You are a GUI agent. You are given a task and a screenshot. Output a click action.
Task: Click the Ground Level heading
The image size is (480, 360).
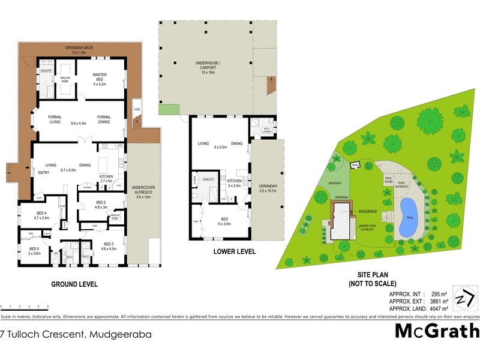[x=74, y=284]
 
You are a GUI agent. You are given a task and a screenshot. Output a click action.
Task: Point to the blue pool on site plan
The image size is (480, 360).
[x=409, y=217]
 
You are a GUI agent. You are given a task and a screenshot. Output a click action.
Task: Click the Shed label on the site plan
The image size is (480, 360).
[x=355, y=164]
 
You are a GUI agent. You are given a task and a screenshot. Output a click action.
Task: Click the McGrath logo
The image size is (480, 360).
[x=436, y=331]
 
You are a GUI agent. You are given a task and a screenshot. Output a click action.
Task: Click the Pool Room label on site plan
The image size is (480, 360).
[x=388, y=181]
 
